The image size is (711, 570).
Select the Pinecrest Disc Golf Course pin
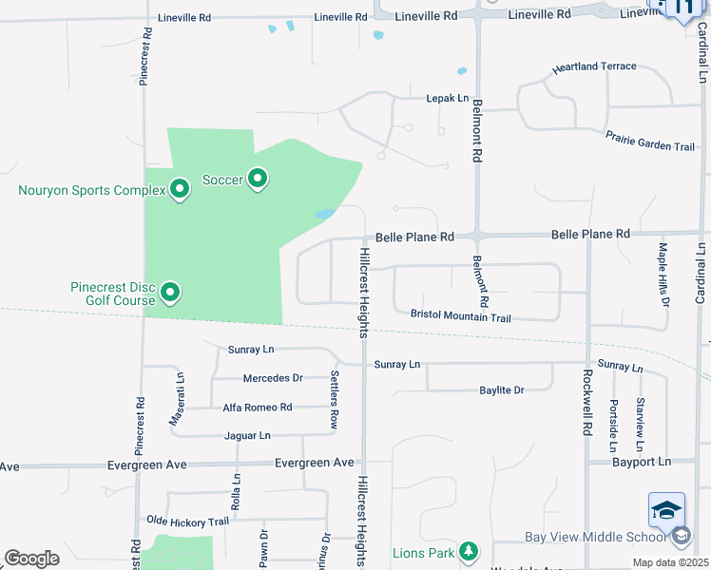(170, 293)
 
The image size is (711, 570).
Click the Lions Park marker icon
(467, 551)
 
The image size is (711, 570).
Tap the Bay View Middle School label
(593, 537)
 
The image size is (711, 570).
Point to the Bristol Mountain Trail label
(461, 315)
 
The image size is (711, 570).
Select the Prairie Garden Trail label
(650, 141)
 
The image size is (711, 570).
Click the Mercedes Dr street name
(273, 378)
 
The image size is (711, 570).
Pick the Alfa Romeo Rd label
(258, 408)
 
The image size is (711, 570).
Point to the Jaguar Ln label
(248, 436)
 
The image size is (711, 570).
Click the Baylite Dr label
(502, 390)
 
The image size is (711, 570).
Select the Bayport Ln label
(642, 462)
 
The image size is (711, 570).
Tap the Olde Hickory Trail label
(188, 522)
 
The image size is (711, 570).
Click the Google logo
(32, 559)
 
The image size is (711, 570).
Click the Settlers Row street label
(335, 400)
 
